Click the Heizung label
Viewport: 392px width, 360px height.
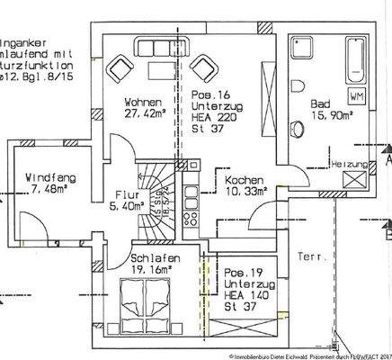(350, 165)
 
